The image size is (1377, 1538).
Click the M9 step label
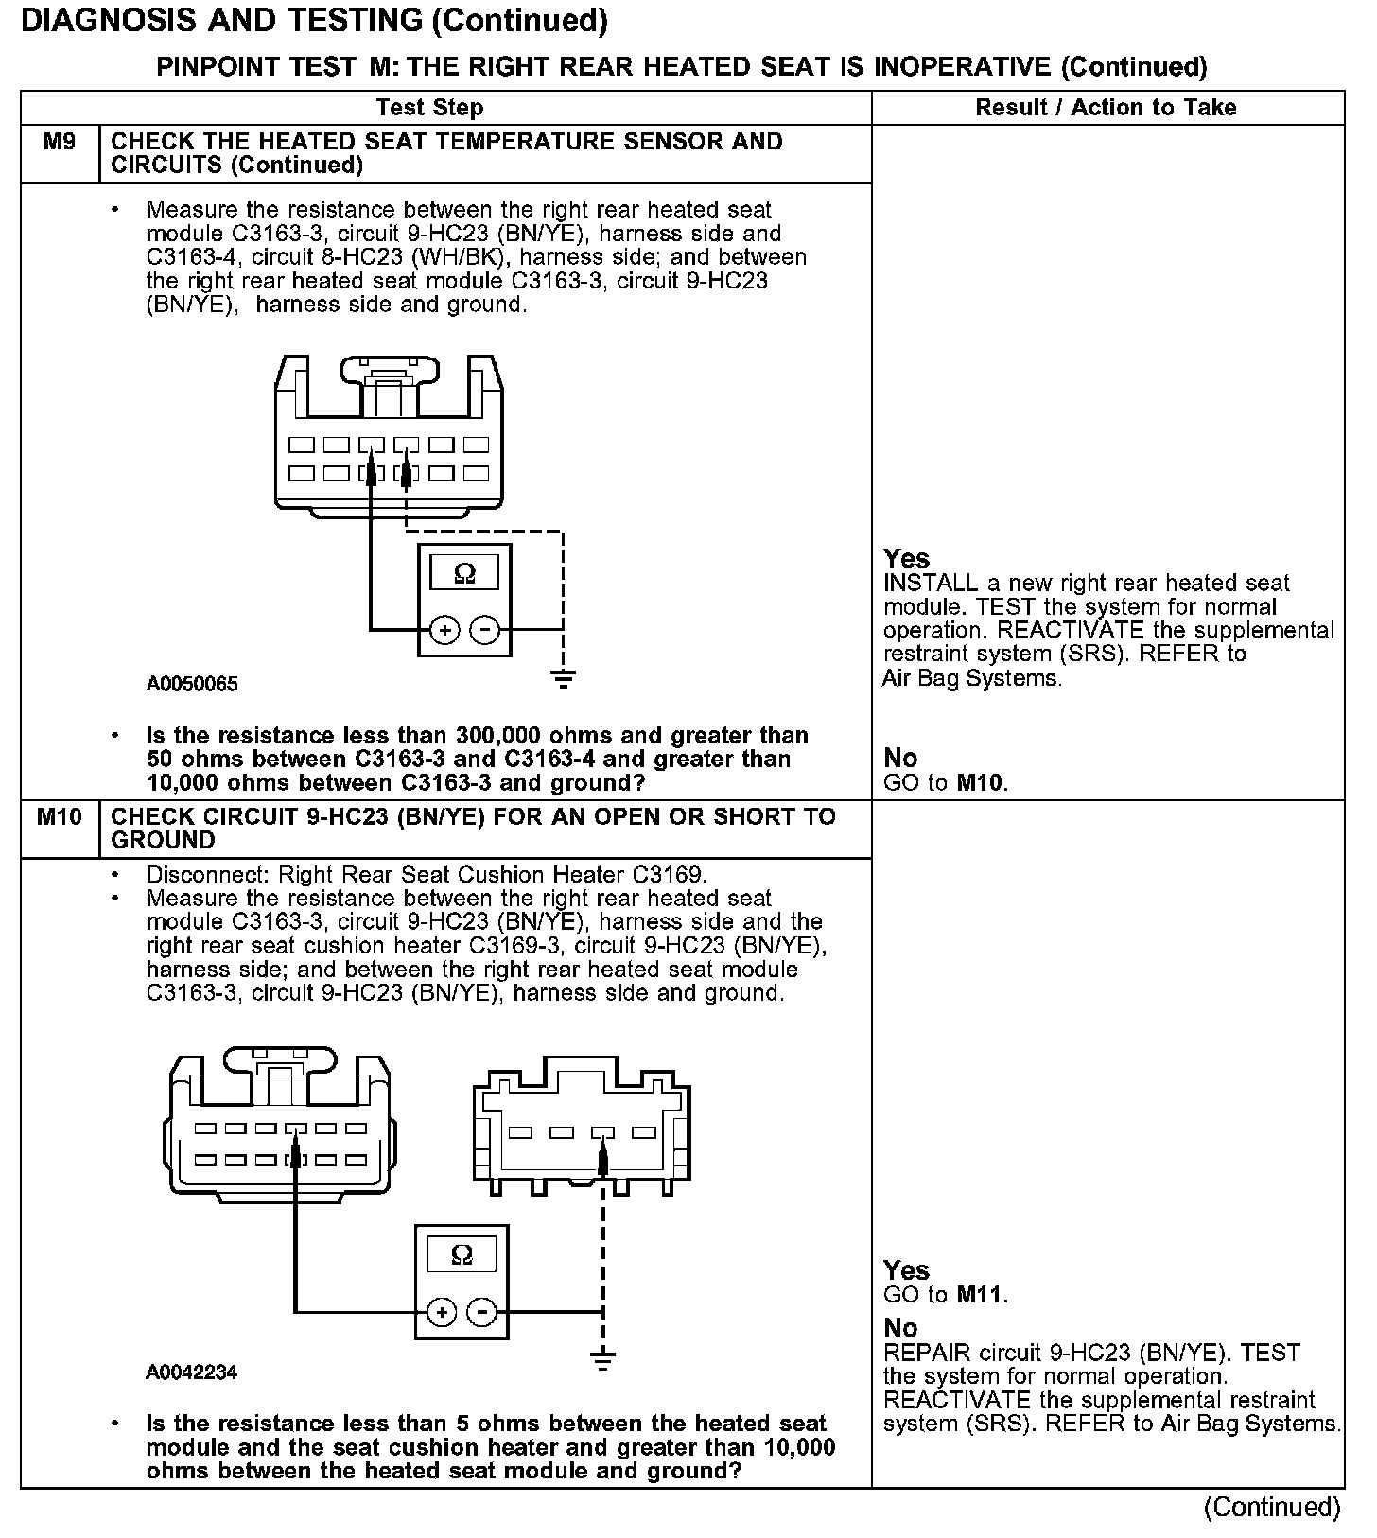coord(60,143)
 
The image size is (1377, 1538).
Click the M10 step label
coord(60,817)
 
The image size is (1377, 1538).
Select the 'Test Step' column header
coord(429,108)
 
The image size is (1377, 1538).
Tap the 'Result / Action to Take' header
coord(1106,108)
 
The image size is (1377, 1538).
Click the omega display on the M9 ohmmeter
coord(464,573)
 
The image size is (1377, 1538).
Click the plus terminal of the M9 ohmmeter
coord(444,629)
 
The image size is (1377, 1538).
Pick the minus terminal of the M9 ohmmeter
coord(485,629)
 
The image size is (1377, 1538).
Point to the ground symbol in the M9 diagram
coord(563,678)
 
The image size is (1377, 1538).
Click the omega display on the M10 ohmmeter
coord(462,1255)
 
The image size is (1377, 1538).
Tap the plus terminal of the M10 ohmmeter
coord(442,1312)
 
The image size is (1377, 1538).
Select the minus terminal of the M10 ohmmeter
coord(482,1312)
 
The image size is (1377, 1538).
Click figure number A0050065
coord(192,684)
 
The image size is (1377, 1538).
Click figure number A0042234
coord(192,1372)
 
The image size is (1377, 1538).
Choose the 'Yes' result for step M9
coord(906,558)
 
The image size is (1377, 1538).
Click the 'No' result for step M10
coord(900,1327)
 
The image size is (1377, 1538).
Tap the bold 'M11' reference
coord(980,1294)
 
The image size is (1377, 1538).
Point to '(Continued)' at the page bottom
coord(1272,1508)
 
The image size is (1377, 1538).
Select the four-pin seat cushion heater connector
coord(581,1132)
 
